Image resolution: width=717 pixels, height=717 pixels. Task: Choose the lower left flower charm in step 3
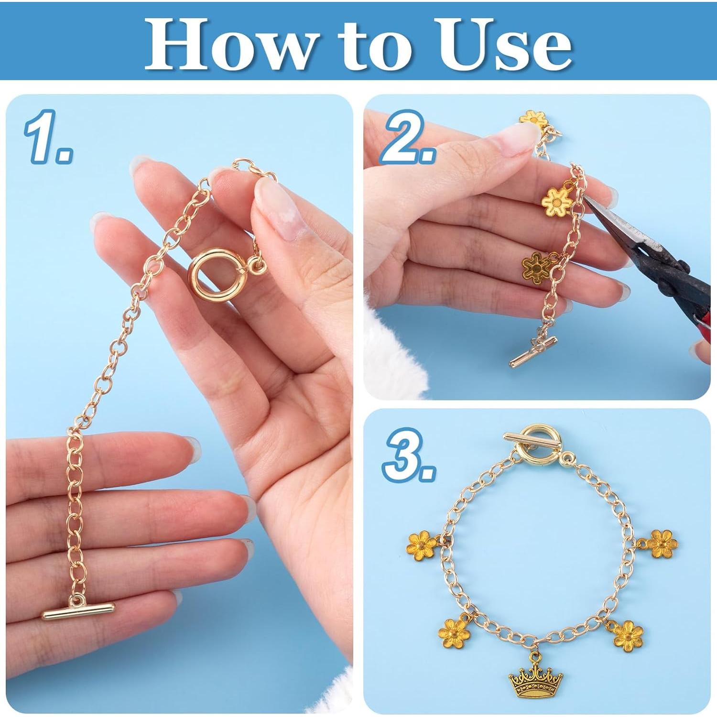(454, 633)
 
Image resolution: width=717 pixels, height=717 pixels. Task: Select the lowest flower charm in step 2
(536, 267)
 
